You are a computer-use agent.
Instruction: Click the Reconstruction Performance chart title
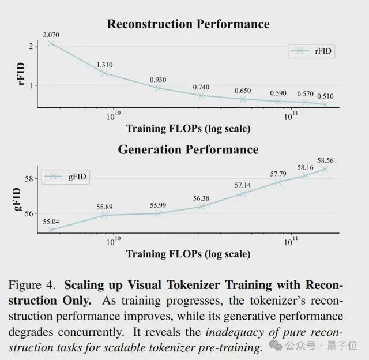tap(188, 24)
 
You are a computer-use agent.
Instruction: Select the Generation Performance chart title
tap(188, 149)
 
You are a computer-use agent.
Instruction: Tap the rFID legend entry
tap(312, 51)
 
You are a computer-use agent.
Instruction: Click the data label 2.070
tap(51, 35)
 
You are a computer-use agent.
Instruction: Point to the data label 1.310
tap(104, 65)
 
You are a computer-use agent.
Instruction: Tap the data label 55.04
tap(51, 221)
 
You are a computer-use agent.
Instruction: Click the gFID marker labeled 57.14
tap(243, 193)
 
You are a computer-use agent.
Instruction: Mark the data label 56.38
tap(202, 198)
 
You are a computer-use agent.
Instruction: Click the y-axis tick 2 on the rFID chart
tap(30, 46)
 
